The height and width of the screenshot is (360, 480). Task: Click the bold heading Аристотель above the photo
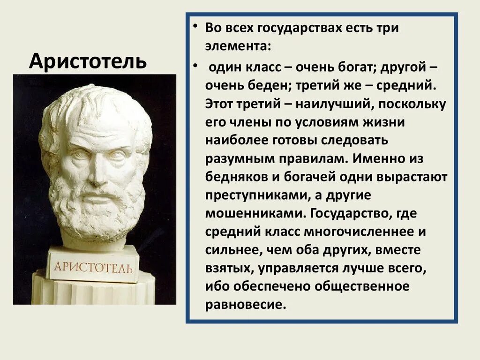click(88, 61)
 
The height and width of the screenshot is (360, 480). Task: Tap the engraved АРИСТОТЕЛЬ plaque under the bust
click(94, 267)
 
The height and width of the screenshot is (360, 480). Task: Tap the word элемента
click(237, 47)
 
